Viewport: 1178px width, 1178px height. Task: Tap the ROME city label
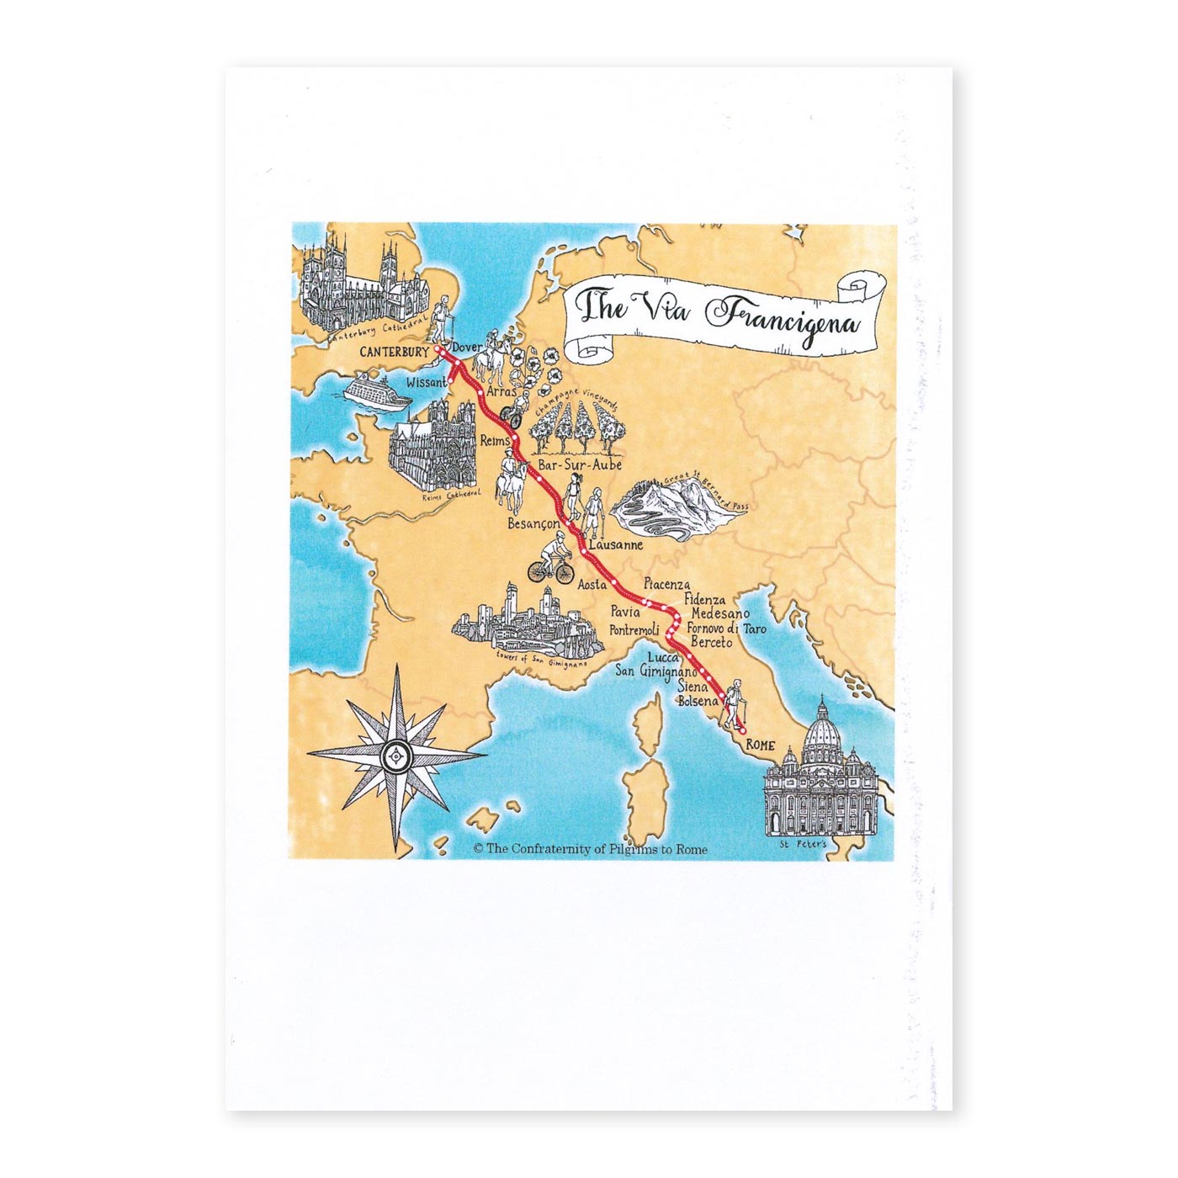pyautogui.click(x=760, y=746)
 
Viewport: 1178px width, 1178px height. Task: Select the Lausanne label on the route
pyautogui.click(x=616, y=544)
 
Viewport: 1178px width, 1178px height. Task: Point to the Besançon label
pyautogui.click(x=533, y=523)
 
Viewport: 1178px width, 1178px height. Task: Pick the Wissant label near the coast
pyautogui.click(x=426, y=382)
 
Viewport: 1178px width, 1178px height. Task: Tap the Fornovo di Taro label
pyautogui.click(x=726, y=629)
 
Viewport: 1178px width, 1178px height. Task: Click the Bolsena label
pyautogui.click(x=698, y=701)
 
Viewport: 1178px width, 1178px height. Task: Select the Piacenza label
pyautogui.click(x=666, y=584)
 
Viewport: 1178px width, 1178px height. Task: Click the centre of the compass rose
pyautogui.click(x=396, y=756)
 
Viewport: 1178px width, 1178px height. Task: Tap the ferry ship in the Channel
pyautogui.click(x=377, y=392)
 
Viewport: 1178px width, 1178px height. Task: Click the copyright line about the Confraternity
pyautogui.click(x=590, y=850)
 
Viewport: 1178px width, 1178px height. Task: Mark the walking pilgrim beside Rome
pyautogui.click(x=735, y=703)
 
